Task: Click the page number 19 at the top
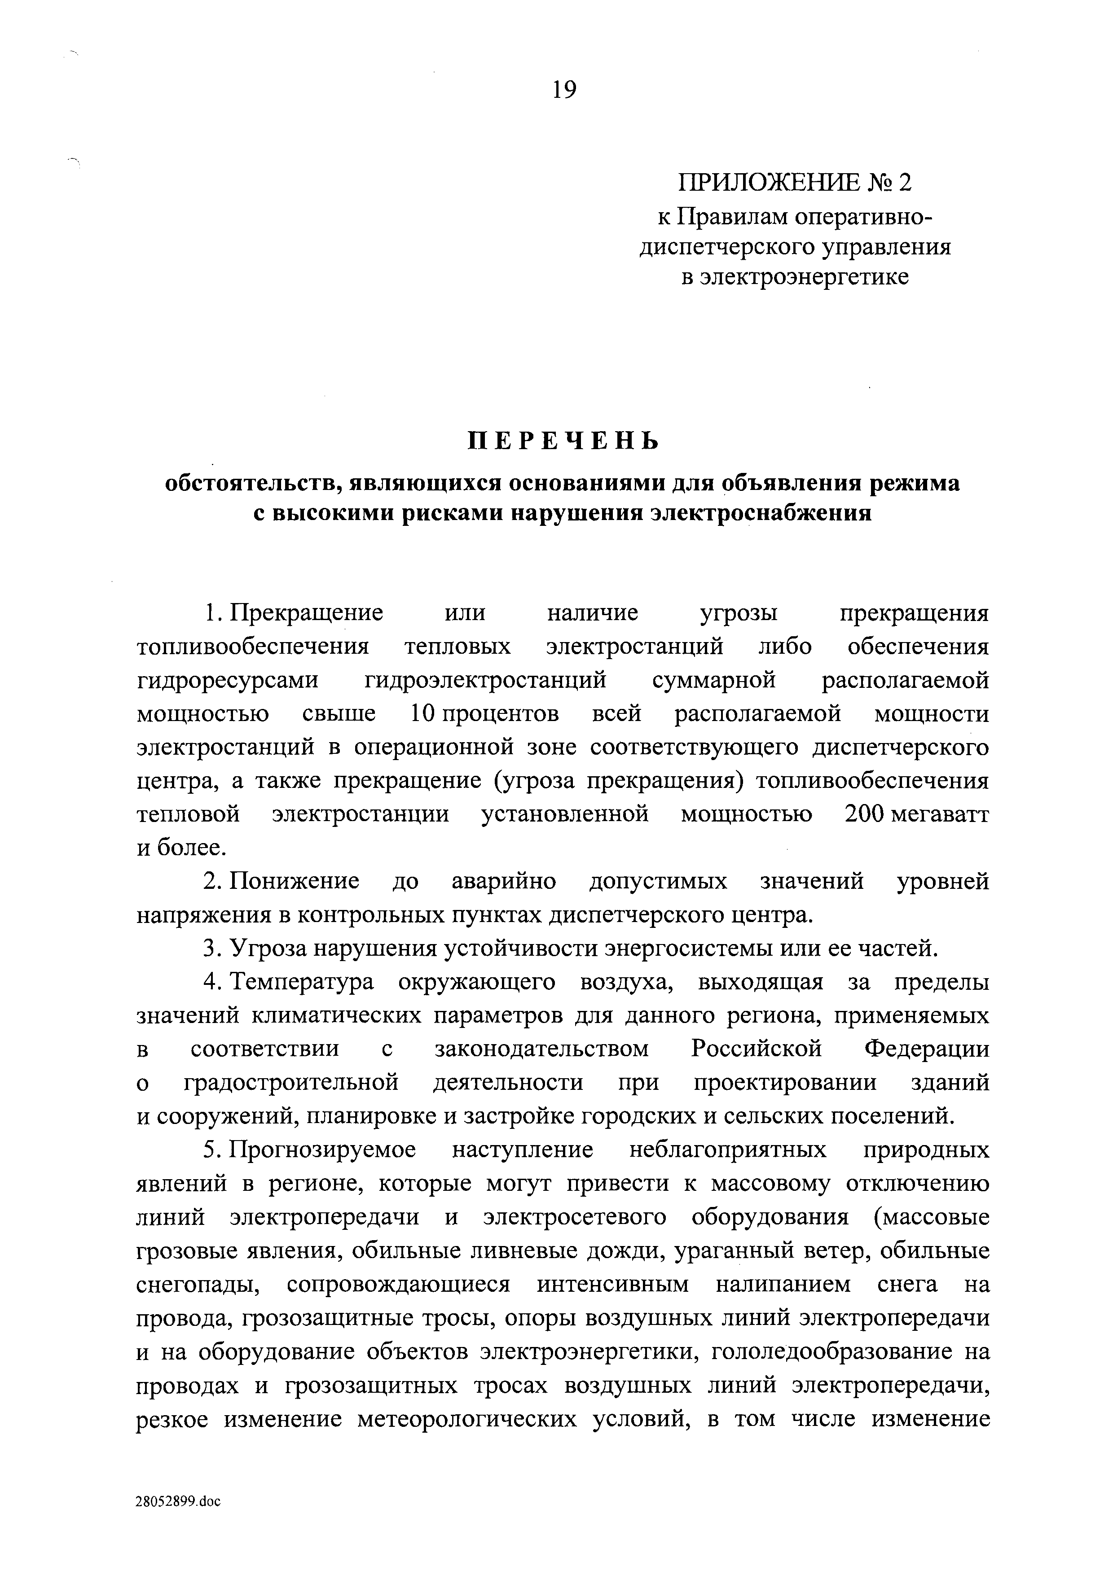tap(564, 89)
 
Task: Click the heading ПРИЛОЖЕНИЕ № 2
tap(796, 182)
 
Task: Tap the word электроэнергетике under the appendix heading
tap(796, 277)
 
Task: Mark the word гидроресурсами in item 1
tap(228, 680)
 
